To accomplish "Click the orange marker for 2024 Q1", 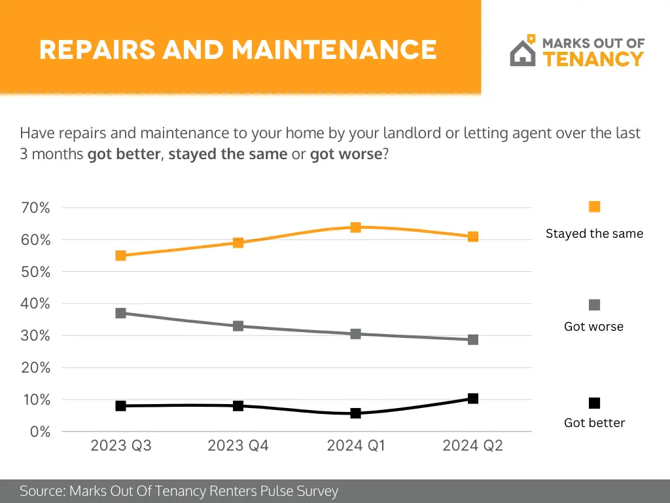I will (x=355, y=227).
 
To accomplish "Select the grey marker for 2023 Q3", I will (x=121, y=313).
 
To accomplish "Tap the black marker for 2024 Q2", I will (x=473, y=398).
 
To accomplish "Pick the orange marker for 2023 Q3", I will (x=121, y=255).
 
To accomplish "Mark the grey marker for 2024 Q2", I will (x=473, y=339).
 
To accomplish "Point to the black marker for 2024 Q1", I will (x=355, y=413).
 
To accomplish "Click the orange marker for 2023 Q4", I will (x=238, y=243).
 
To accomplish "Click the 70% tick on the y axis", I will (x=36, y=208).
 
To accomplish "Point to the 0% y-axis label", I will (x=40, y=432).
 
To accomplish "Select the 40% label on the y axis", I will (x=36, y=304).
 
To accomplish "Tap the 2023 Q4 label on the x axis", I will (x=238, y=446).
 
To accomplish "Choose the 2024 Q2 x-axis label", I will (x=472, y=446).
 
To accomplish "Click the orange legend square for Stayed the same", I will (x=594, y=207).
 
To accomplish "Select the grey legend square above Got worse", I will (x=594, y=305).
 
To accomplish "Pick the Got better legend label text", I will (x=594, y=423).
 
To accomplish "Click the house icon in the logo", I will (x=523, y=52).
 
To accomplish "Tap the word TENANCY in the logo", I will (x=593, y=60).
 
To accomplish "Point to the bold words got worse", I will (x=345, y=155).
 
